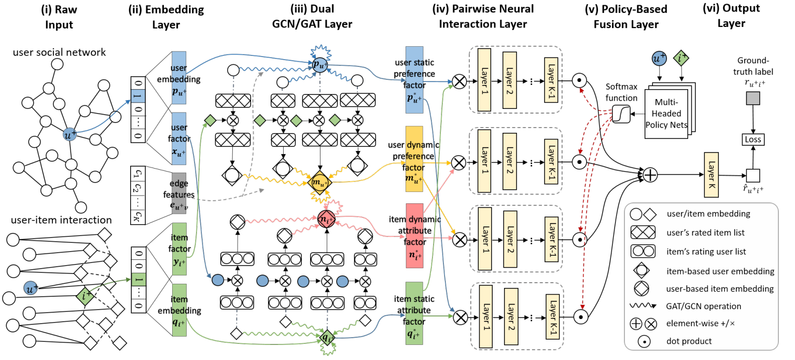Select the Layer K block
pyautogui.click(x=711, y=175)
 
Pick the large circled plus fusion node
pyautogui.click(x=650, y=175)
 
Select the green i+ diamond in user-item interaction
pyautogui.click(x=84, y=297)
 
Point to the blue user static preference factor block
pyautogui.click(x=414, y=79)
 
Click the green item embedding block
pyautogui.click(x=177, y=306)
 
